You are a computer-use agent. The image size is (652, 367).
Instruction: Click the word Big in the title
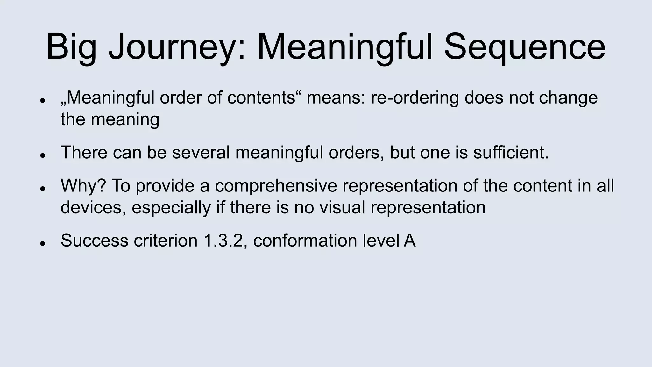pos(71,47)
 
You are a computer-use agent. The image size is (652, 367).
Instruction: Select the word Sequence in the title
pos(524,47)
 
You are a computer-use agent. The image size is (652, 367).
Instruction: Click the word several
pos(201,152)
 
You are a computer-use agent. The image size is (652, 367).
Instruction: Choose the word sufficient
pos(511,152)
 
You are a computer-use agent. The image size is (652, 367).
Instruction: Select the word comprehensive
pos(276,185)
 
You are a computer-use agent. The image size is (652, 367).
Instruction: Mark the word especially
pos(171,207)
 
